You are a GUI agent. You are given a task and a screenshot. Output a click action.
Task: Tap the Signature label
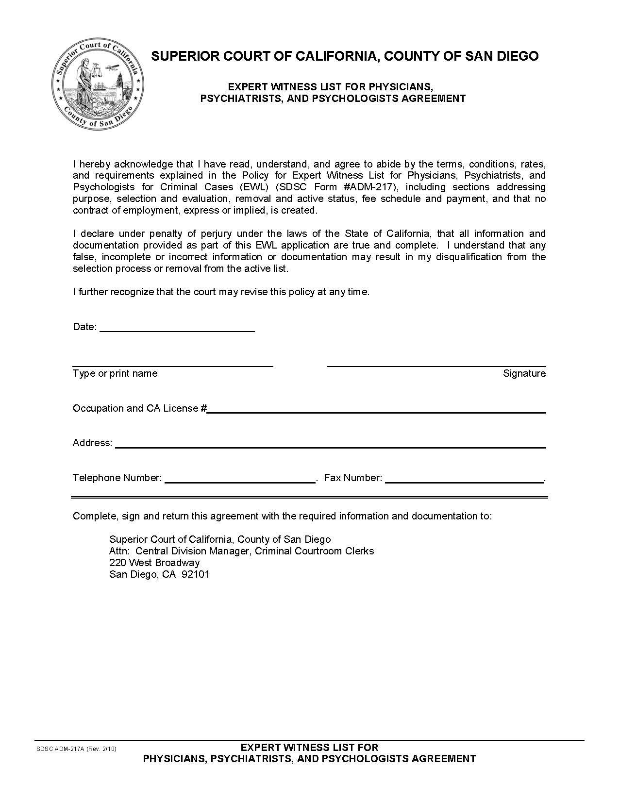pos(524,373)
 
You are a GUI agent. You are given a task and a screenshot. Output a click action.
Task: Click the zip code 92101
pos(195,574)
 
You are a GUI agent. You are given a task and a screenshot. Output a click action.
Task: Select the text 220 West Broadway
pos(154,563)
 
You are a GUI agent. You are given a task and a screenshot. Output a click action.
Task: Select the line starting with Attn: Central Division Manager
pos(241,551)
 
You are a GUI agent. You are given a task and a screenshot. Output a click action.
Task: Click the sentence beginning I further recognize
pos(221,292)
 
